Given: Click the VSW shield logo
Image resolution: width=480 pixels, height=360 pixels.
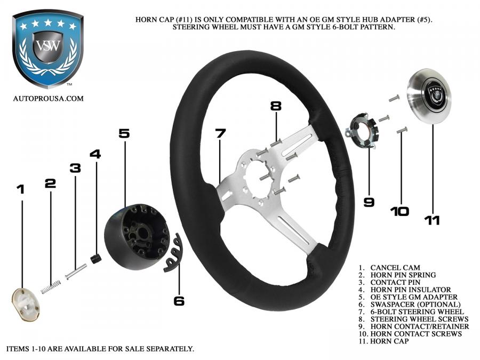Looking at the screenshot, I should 48,48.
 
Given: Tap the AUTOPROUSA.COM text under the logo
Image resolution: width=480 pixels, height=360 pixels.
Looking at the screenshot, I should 48,98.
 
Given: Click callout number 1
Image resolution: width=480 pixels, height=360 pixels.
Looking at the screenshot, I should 21,189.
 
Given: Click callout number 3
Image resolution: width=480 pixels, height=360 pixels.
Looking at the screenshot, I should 75,168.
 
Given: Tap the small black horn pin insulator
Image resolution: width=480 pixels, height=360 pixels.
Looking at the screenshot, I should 97,259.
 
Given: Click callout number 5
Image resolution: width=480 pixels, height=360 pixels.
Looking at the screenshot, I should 124,133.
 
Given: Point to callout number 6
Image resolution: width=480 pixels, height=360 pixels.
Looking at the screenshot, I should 179,301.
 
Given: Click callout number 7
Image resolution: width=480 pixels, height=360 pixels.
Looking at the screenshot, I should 220,133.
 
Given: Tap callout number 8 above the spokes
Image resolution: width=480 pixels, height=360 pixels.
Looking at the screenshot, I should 275,106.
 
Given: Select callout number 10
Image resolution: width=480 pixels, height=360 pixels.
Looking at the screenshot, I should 399,211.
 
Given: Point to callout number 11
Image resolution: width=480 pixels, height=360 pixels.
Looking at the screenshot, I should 432,219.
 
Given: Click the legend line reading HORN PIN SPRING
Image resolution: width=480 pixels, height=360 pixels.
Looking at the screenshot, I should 397,275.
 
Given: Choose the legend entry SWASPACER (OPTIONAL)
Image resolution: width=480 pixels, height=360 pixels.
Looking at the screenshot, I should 408,304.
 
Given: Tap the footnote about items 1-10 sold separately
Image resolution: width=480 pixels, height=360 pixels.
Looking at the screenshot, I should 100,349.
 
